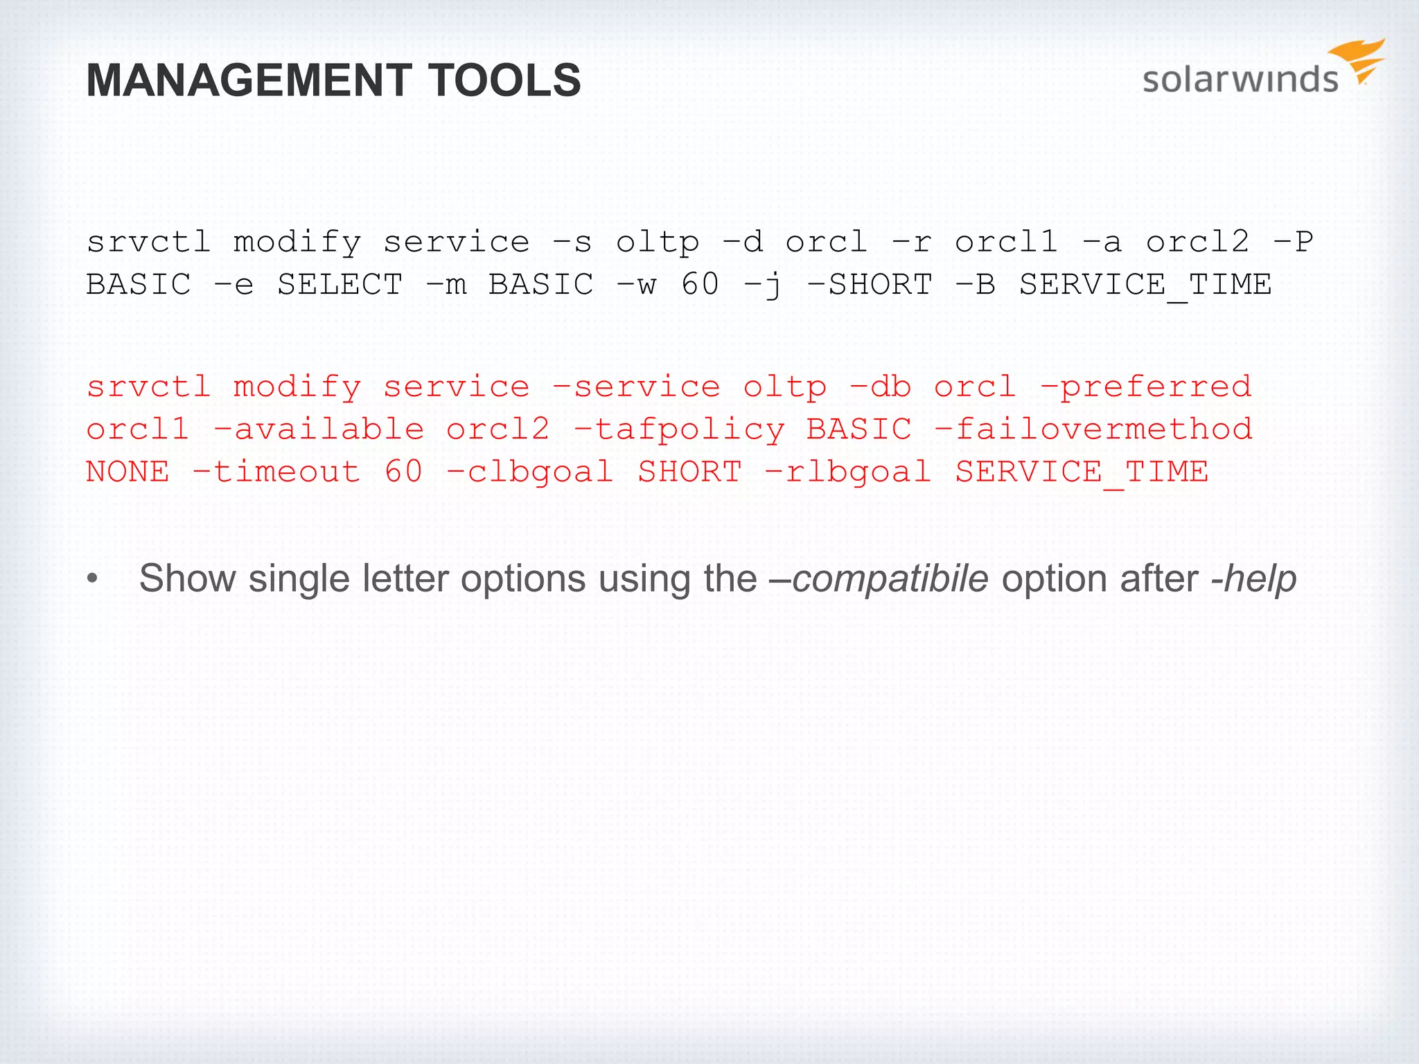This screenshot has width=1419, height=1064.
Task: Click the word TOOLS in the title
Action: pos(504,80)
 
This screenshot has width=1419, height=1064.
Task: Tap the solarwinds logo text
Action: pos(1240,80)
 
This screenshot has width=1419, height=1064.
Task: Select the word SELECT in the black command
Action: pos(340,285)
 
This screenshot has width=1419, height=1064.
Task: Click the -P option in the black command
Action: pos(1293,242)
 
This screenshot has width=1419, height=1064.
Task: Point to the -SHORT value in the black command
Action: pos(870,285)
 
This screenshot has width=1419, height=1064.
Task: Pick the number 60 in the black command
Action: pos(700,285)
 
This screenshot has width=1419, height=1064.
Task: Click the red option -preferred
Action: pos(1146,387)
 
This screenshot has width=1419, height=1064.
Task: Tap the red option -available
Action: pos(319,429)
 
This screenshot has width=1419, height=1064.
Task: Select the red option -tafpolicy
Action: pos(679,429)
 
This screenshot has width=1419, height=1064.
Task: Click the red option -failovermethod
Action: pos(1093,429)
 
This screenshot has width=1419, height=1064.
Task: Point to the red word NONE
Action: pos(127,472)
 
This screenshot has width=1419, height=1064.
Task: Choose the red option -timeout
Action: pos(276,472)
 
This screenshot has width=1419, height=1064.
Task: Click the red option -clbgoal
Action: pos(530,472)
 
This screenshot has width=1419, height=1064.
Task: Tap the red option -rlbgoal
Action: pos(847,472)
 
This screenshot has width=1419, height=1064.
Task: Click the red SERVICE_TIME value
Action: pos(1082,472)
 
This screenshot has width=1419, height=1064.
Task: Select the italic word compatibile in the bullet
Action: pos(890,578)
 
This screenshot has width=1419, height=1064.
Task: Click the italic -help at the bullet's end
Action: pos(1253,578)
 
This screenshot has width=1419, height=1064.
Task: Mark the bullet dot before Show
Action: pos(93,579)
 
